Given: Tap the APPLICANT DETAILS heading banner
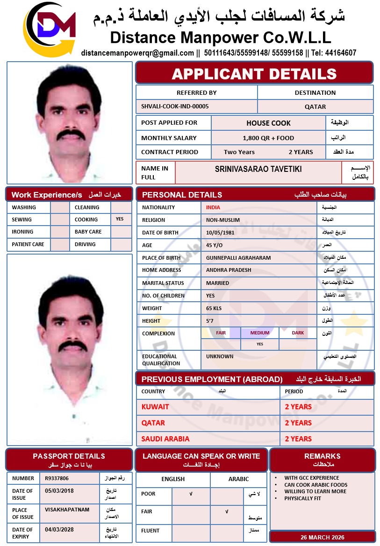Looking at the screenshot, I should click(x=254, y=73).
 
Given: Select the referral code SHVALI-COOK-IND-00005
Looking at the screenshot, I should click(x=175, y=106).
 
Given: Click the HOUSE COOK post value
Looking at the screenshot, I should click(x=268, y=123).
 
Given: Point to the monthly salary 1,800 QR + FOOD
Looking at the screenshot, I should click(x=268, y=138).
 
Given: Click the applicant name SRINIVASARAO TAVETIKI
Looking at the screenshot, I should click(x=258, y=169).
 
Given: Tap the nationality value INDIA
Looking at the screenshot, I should click(x=213, y=207).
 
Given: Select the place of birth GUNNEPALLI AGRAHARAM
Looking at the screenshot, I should click(x=238, y=258).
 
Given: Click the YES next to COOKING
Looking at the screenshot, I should click(x=120, y=219).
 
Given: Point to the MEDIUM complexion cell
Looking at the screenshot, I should click(x=260, y=333).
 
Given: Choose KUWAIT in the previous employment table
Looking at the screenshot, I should click(x=155, y=407).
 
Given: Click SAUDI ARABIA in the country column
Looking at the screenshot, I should click(x=165, y=439).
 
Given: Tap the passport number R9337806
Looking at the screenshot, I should click(x=57, y=478).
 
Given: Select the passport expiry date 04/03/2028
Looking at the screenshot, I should click(x=59, y=530).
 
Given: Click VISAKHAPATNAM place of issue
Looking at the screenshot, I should click(x=67, y=510).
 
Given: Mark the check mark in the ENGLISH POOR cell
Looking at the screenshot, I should click(x=191, y=494).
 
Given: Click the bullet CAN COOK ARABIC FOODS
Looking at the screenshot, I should click(x=316, y=485).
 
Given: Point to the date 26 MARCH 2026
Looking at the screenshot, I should click(x=323, y=537).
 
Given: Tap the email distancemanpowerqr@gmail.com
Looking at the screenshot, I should click(x=137, y=53).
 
